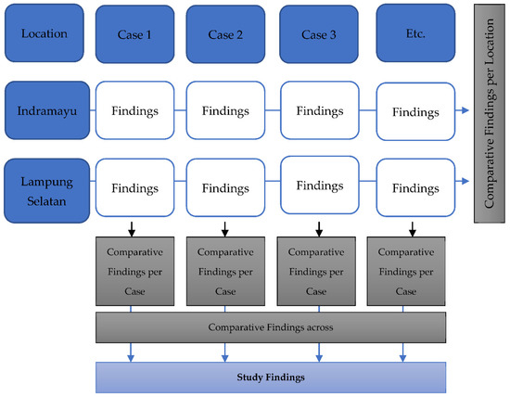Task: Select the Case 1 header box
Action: click(x=134, y=34)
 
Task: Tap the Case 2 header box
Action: click(x=224, y=34)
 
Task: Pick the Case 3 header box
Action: click(x=318, y=34)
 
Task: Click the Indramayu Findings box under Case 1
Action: click(x=135, y=110)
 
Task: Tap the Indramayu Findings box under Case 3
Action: click(x=320, y=109)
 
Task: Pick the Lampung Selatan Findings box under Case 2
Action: click(x=225, y=186)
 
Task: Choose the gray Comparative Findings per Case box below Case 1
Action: click(x=132, y=271)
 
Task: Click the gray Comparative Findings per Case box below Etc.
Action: click(x=403, y=271)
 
